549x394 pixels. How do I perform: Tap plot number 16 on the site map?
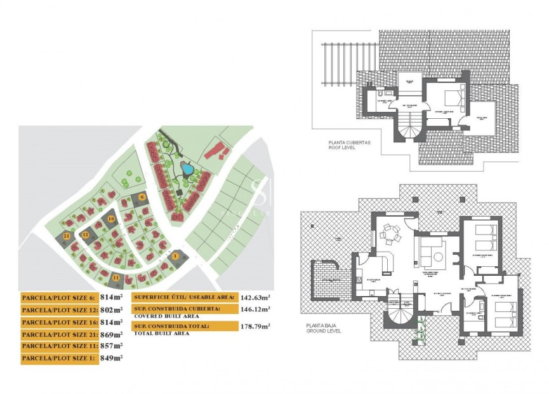coord(111,219)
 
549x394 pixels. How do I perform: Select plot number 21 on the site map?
coord(67,235)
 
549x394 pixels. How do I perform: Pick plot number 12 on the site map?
coord(85,234)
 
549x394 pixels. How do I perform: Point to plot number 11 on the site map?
coord(116,277)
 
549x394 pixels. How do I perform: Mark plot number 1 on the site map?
coord(175,256)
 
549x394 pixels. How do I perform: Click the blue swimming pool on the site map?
coord(187,169)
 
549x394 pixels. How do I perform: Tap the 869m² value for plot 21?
coord(112,334)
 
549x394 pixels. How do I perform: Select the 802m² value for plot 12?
coord(112,309)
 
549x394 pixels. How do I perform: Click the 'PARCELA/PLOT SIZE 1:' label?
coord(58,358)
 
